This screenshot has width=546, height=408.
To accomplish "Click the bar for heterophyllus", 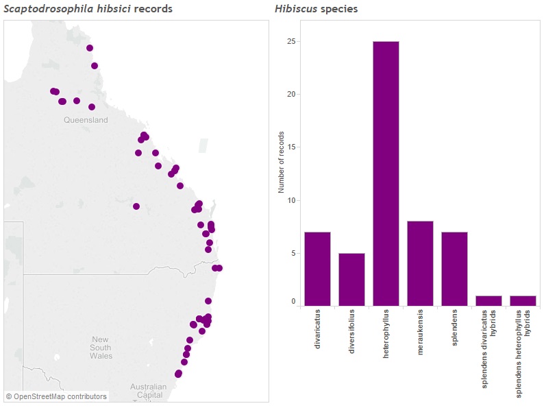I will pyautogui.click(x=386, y=173).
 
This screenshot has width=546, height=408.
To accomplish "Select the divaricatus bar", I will pyautogui.click(x=317, y=269).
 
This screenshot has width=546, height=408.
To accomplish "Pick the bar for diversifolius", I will pyautogui.click(x=351, y=279).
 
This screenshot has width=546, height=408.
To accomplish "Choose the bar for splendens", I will pyautogui.click(x=454, y=269).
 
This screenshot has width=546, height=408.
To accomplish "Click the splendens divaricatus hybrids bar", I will pyautogui.click(x=488, y=300).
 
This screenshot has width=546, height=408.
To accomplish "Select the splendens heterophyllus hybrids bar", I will pyautogui.click(x=523, y=300).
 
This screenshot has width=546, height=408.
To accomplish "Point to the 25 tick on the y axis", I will pyautogui.click(x=291, y=41).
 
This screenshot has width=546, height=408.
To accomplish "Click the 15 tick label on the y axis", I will pyautogui.click(x=291, y=147).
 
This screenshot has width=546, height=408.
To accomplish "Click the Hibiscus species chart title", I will pyautogui.click(x=316, y=9).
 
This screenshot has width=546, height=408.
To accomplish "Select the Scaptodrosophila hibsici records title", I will pyautogui.click(x=88, y=9).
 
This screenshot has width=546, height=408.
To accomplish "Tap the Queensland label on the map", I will pyautogui.click(x=86, y=120).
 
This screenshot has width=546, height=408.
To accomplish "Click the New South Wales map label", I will pyautogui.click(x=101, y=348).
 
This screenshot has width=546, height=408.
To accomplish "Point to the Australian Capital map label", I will pyautogui.click(x=148, y=391).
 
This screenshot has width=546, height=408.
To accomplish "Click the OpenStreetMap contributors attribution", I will pyautogui.click(x=56, y=396).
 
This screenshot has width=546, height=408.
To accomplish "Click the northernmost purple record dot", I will pyautogui.click(x=90, y=48).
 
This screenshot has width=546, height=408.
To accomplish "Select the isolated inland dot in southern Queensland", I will pyautogui.click(x=136, y=206).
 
